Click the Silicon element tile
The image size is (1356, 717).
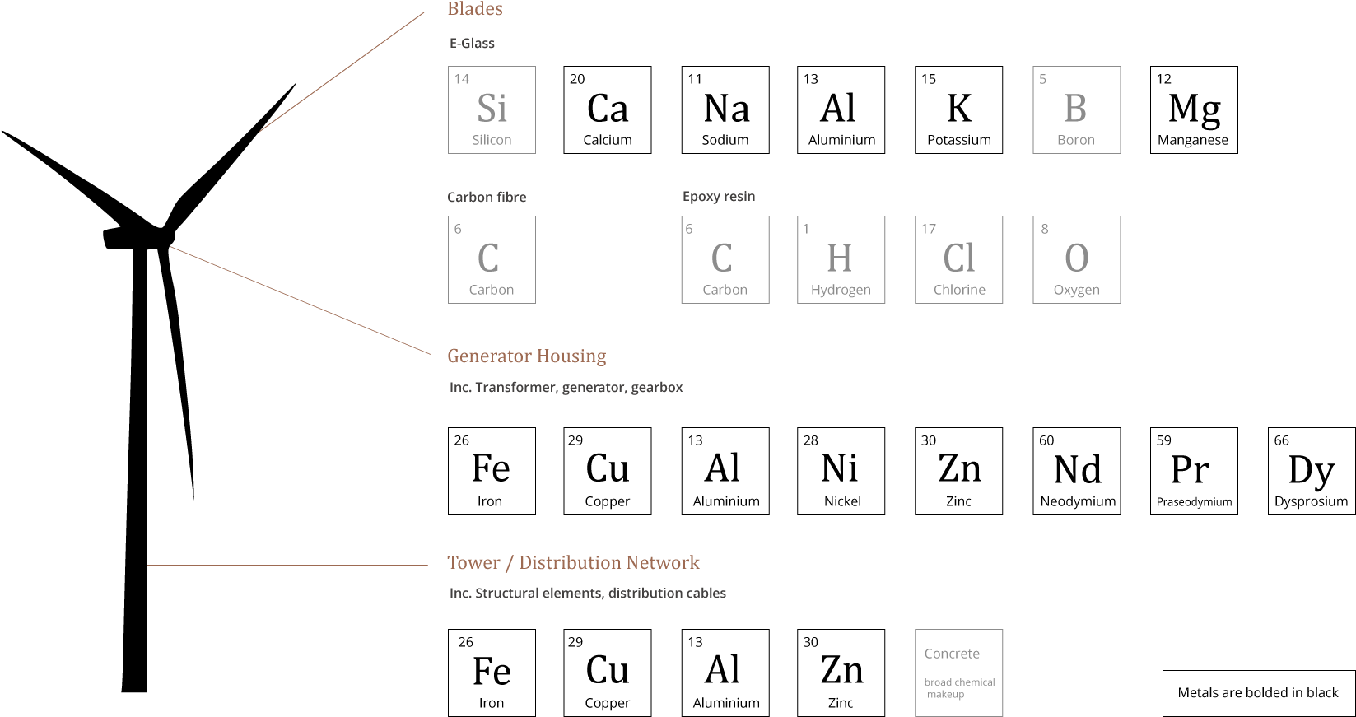pyautogui.click(x=492, y=109)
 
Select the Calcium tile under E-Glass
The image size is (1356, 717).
pyautogui.click(x=607, y=109)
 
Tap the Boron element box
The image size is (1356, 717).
pyautogui.click(x=1076, y=109)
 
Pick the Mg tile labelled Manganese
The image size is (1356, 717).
pyautogui.click(x=1194, y=109)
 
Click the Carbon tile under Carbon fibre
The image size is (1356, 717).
pyautogui.click(x=492, y=259)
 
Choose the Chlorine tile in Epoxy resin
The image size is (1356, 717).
pyautogui.click(x=958, y=259)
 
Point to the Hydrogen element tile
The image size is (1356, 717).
pyautogui.click(x=841, y=259)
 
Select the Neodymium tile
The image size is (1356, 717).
pyautogui.click(x=1076, y=472)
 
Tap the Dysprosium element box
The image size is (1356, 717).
pyautogui.click(x=1312, y=472)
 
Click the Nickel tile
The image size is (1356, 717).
pyautogui.click(x=841, y=472)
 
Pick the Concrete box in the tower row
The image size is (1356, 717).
pyautogui.click(x=958, y=673)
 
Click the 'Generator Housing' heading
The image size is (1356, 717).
pyautogui.click(x=527, y=356)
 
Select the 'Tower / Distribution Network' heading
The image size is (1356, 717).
pyautogui.click(x=573, y=563)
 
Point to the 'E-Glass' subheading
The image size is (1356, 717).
pyautogui.click(x=472, y=43)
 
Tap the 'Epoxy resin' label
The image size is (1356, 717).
pyautogui.click(x=719, y=197)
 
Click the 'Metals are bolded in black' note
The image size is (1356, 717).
pyautogui.click(x=1259, y=693)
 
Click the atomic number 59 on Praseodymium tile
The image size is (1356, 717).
pyautogui.click(x=1163, y=440)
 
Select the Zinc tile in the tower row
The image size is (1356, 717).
pyautogui.click(x=841, y=673)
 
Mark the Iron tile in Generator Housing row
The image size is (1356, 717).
pyautogui.click(x=492, y=472)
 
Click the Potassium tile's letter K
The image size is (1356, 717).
pyautogui.click(x=959, y=109)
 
